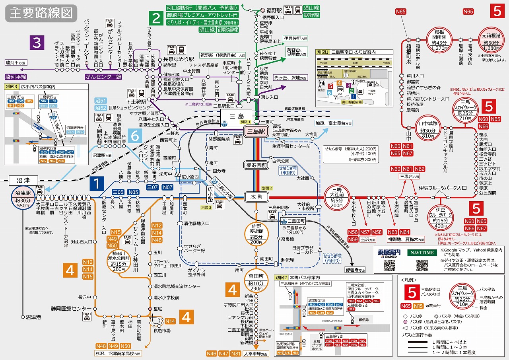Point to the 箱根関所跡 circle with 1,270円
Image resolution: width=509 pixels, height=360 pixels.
point(439,39)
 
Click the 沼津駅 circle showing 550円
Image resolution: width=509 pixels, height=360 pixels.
point(22,197)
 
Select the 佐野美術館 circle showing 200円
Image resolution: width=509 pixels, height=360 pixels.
point(256,234)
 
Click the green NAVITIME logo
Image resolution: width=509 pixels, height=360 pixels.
point(422,253)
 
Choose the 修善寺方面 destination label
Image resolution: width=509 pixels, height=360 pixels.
point(355,270)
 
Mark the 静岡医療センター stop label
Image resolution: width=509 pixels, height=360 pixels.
point(71,308)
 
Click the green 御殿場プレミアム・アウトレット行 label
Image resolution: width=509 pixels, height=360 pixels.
point(202,15)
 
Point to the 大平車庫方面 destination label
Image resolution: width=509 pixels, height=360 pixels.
point(256,353)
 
